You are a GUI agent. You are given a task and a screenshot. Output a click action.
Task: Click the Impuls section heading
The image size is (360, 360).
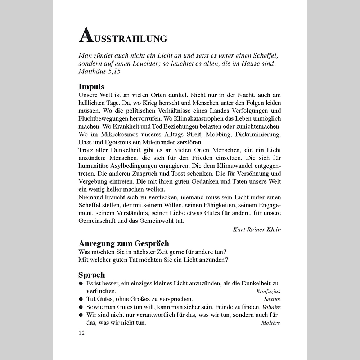click(91, 87)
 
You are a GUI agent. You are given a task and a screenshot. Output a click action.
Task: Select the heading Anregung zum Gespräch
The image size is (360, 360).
click(124, 243)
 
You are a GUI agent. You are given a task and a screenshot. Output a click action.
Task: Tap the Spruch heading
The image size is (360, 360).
click(92, 275)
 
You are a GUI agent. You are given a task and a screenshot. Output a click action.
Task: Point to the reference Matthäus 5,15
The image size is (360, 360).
click(99, 71)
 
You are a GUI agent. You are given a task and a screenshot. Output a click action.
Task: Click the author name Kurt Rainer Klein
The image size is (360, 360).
click(257, 230)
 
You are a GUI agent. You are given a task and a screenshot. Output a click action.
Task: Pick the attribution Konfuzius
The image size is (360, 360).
click(268, 291)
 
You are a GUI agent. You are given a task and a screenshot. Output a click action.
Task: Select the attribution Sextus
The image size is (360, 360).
click(272, 299)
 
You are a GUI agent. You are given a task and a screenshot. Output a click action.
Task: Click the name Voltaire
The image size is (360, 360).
click(271, 307)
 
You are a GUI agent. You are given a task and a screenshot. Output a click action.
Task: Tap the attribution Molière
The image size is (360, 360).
click(270, 323)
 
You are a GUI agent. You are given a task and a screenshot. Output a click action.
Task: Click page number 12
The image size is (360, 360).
click(82, 333)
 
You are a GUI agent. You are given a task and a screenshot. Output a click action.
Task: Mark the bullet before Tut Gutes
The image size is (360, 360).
click(81, 299)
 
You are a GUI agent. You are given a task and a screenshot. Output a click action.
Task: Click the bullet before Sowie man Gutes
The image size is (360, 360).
click(81, 307)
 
